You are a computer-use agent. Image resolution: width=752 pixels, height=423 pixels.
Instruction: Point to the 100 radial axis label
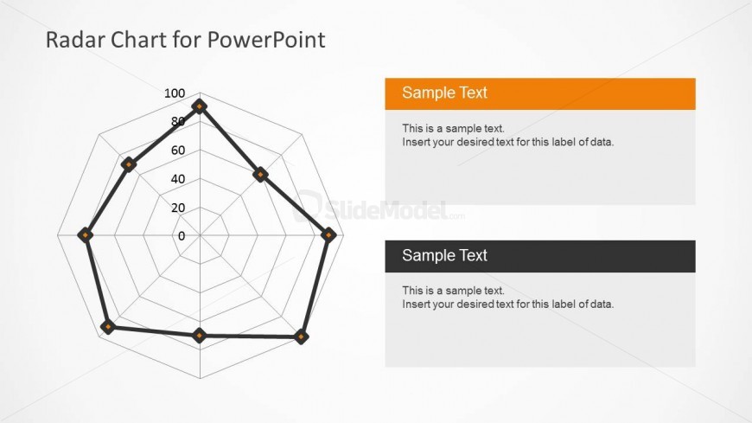(175, 93)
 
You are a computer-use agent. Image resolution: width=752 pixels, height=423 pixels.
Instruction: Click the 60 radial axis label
(178, 151)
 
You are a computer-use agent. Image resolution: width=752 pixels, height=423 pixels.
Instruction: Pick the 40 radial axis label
(178, 179)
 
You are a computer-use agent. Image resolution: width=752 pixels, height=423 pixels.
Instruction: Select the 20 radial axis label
(178, 208)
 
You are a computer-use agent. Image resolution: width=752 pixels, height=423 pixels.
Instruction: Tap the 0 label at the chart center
(182, 236)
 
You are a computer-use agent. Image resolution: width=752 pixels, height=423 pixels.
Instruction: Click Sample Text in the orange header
(444, 93)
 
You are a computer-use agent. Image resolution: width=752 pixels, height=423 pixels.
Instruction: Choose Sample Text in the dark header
(444, 255)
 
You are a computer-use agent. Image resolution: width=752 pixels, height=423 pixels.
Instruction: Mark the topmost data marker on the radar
(200, 106)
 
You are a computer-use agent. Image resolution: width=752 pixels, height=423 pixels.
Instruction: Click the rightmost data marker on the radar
(328, 234)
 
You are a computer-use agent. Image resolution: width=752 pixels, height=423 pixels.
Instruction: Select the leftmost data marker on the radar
(86, 234)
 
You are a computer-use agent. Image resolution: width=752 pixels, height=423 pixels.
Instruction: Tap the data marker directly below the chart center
(200, 335)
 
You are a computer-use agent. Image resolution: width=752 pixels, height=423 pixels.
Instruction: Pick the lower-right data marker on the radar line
(301, 336)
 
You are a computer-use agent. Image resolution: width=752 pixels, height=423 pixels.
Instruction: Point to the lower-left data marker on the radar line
(108, 327)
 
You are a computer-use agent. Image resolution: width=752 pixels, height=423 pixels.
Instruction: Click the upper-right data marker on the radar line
(260, 174)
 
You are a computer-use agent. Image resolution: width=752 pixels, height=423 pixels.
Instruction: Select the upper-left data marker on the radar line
(128, 164)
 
